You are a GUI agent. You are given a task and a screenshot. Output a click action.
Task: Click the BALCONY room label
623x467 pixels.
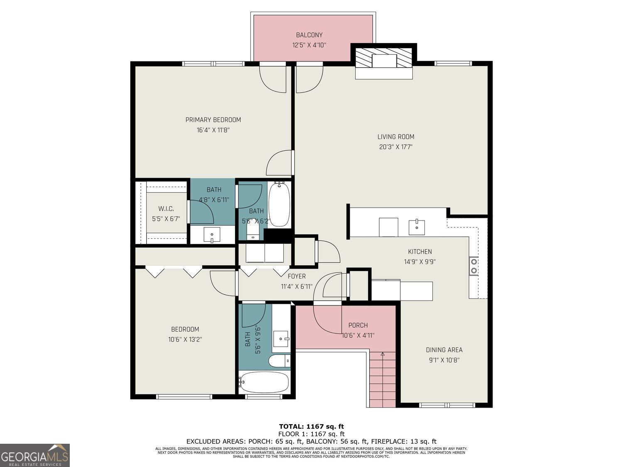(x=309, y=35)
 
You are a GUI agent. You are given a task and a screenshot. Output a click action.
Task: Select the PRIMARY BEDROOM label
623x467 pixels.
(x=213, y=120)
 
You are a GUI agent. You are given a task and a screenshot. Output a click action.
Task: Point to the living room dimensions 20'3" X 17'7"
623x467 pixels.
(x=395, y=147)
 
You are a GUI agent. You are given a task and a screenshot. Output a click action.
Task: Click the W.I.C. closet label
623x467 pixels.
(x=166, y=209)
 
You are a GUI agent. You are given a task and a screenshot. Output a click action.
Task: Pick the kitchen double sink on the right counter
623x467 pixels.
(x=473, y=266)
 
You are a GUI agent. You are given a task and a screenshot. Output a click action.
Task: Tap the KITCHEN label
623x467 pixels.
(x=419, y=252)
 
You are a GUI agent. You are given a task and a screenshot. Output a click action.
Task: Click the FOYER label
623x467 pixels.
(x=297, y=276)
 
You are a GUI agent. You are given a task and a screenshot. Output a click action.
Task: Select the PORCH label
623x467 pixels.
(x=358, y=325)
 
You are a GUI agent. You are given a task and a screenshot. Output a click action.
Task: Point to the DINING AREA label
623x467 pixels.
(x=444, y=350)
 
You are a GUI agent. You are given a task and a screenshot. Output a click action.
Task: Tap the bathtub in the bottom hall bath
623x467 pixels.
(x=264, y=382)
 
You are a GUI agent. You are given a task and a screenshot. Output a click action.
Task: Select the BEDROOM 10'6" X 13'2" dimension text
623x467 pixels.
(x=185, y=340)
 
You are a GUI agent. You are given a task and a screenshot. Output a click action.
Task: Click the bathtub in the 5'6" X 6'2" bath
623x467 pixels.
(x=279, y=205)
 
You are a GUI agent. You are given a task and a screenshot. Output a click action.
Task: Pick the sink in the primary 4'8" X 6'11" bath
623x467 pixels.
(x=212, y=235)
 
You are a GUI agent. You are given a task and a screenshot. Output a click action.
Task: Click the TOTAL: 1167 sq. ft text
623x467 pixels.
(x=311, y=426)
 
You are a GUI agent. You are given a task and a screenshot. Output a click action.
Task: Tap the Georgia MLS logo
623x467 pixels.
(x=35, y=455)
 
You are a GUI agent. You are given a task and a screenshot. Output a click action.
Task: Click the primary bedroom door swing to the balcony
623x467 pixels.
(x=273, y=79)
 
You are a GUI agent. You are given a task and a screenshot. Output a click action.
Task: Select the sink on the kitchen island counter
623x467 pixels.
(x=417, y=227)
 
